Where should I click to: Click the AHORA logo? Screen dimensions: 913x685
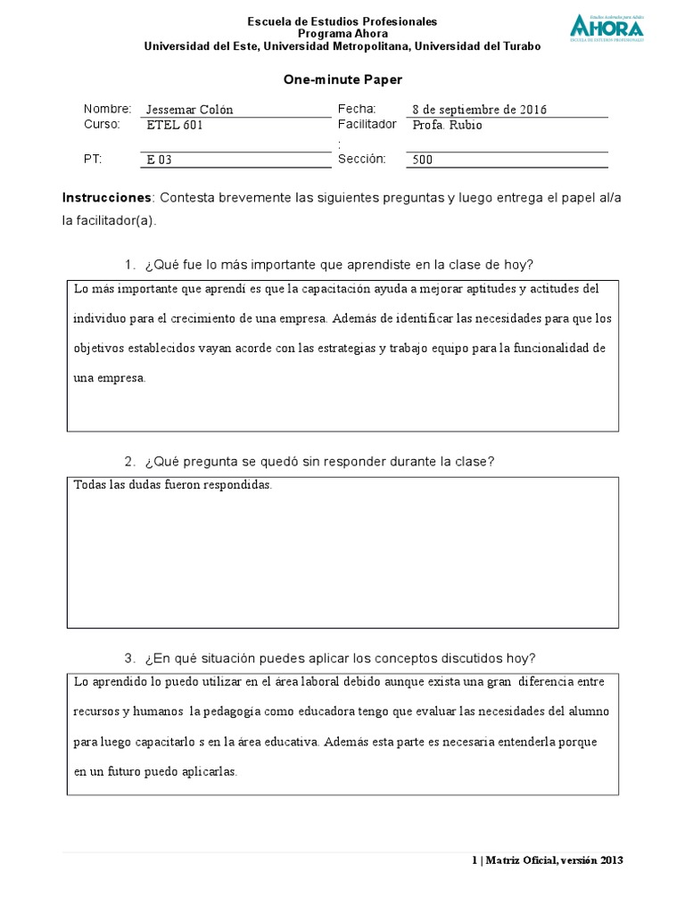coord(606,28)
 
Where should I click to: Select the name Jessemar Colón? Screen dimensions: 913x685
coord(189,110)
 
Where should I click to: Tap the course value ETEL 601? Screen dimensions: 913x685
coord(174,126)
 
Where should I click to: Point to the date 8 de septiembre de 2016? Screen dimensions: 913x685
coord(479,110)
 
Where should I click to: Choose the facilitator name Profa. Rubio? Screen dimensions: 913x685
coord(447,126)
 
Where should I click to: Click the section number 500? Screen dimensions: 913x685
coord(423,160)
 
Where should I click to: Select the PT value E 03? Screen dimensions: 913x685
coord(159,160)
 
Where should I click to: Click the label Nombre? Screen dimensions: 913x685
coord(107,109)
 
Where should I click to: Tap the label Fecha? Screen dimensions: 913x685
coord(358,109)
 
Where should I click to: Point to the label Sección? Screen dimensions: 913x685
coord(361,159)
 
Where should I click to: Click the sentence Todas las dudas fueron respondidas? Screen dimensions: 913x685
coord(173,486)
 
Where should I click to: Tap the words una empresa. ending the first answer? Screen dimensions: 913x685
coord(109,378)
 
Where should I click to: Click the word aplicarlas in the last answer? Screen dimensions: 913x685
coord(210,772)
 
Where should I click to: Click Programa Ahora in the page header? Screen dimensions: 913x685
coord(342,34)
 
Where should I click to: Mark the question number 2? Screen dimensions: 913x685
coord(129,461)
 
